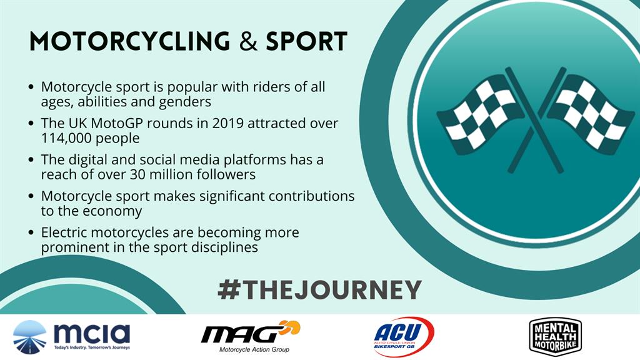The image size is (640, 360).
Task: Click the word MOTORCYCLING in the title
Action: coord(130,41)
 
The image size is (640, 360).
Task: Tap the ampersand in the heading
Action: coord(248,41)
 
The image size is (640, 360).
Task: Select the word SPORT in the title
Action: coord(306,41)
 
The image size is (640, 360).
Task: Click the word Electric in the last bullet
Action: coord(64,232)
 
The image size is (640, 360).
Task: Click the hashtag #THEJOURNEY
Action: coord(319,290)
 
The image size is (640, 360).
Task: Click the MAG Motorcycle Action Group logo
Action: coord(251,336)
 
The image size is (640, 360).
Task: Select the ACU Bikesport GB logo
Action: coord(403,337)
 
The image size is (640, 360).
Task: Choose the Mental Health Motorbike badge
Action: coord(555,337)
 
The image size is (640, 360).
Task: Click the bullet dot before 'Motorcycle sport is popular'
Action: coord(31,87)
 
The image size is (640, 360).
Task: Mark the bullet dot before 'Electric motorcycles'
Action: coord(31,232)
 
